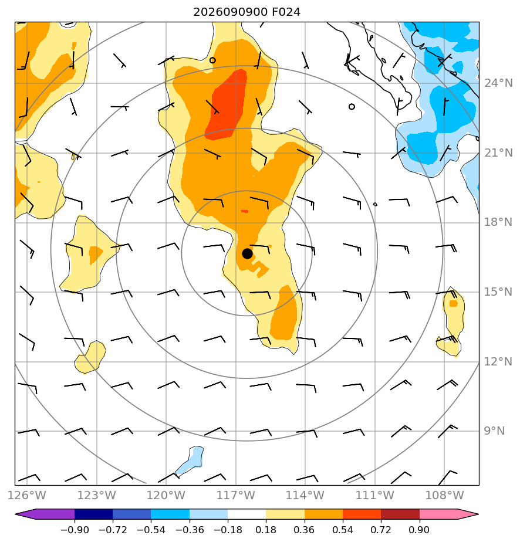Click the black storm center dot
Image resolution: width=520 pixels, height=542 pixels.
tap(247, 254)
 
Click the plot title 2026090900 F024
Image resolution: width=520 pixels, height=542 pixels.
tap(247, 12)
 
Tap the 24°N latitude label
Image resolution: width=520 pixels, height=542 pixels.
tap(498, 83)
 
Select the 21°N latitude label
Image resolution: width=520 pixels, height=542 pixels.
tap(498, 153)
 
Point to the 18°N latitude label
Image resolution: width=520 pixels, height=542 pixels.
tap(498, 222)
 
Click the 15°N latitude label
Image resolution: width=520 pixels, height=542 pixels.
tap(498, 292)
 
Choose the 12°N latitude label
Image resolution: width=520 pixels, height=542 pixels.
tap(498, 362)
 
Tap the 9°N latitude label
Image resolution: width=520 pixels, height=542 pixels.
tap(494, 431)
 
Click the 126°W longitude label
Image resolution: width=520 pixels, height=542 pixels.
tap(27, 495)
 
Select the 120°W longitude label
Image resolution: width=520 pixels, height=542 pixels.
tap(166, 495)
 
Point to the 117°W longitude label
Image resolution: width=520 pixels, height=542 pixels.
tap(236, 495)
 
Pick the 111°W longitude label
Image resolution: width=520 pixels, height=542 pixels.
tap(375, 495)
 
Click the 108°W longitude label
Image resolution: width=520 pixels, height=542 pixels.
tap(445, 495)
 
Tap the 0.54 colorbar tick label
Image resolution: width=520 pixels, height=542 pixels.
tap(343, 530)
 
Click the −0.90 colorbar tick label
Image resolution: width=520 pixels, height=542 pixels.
tap(75, 530)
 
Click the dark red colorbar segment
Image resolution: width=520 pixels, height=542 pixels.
tap(400, 514)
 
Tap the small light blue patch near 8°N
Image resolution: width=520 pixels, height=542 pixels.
tap(191, 460)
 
